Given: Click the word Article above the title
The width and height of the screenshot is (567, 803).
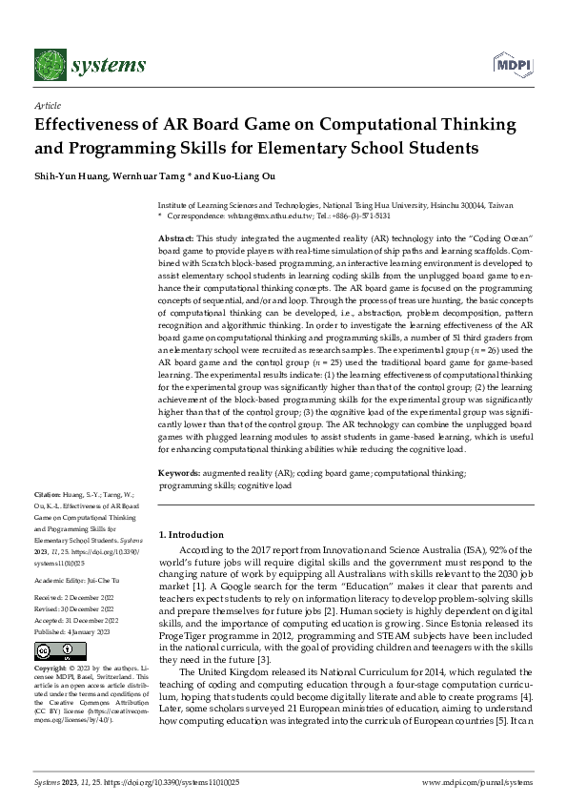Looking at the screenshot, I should [x=47, y=106].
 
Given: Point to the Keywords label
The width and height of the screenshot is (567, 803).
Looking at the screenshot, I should [x=179, y=473].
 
